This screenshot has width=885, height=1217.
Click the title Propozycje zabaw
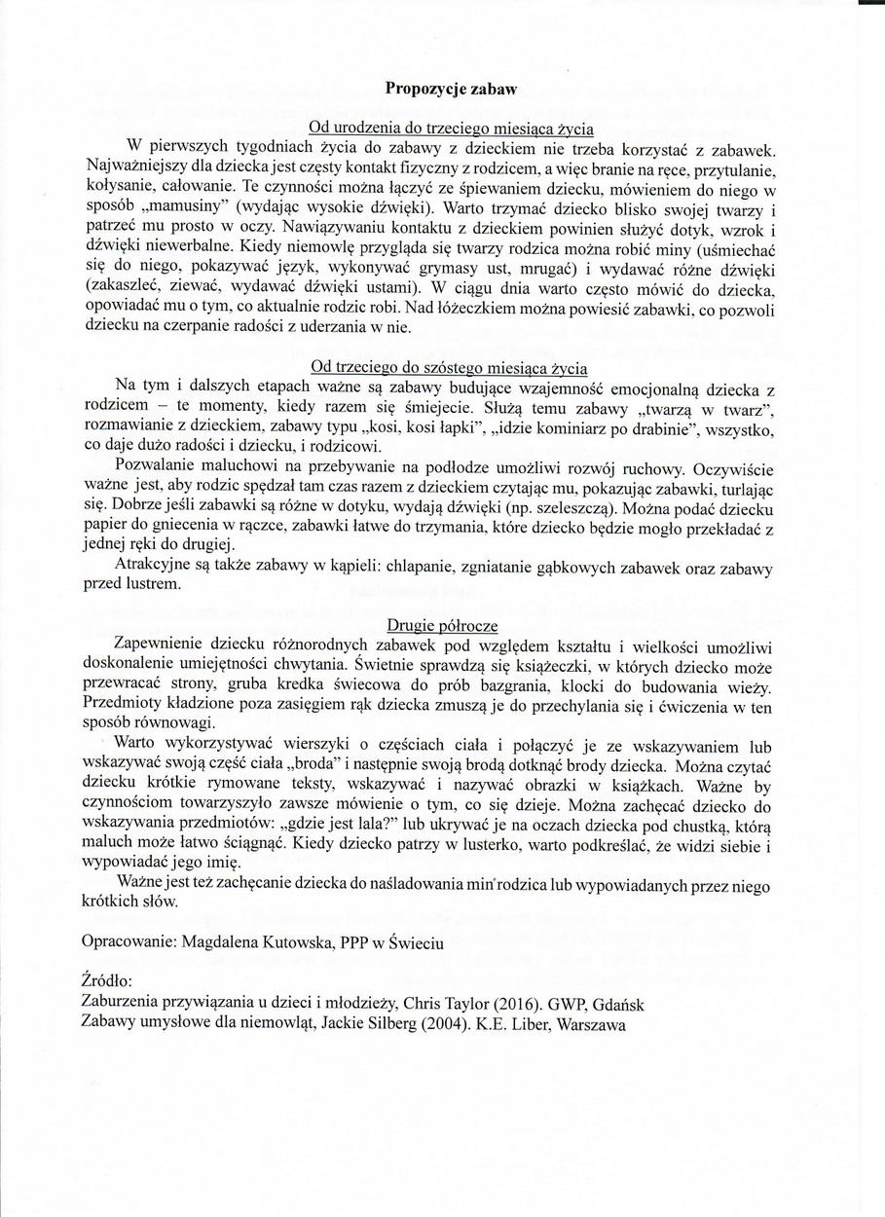450,88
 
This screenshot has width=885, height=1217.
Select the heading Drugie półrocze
443,625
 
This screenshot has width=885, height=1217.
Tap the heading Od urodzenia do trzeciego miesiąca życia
450,128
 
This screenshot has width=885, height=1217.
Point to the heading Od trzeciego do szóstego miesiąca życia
449,367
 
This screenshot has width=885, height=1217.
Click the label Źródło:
107,982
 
